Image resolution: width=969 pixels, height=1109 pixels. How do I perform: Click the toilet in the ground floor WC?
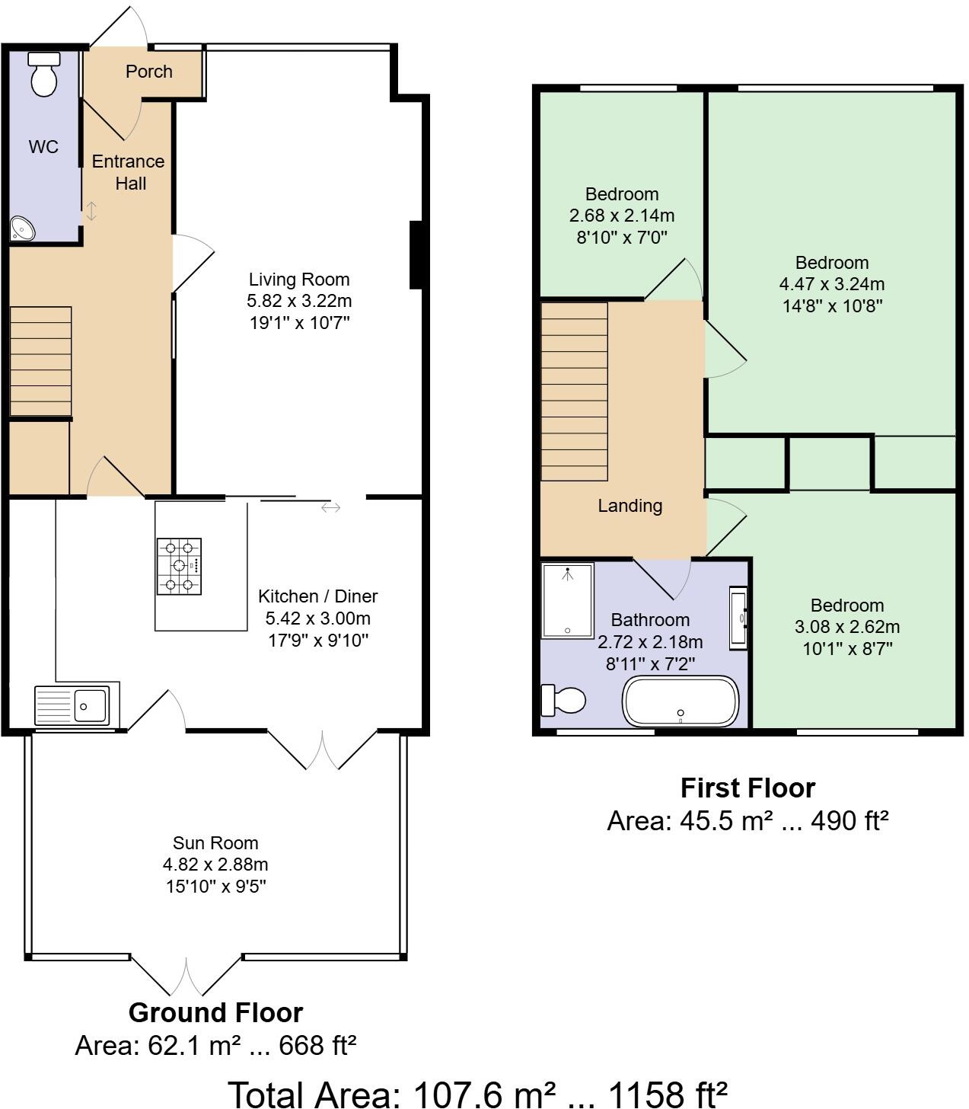click(x=44, y=75)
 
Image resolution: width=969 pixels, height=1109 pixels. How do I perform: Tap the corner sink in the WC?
click(x=21, y=229)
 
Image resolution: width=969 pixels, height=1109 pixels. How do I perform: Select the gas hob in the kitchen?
click(x=179, y=566)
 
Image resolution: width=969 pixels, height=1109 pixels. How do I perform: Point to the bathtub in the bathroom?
click(x=681, y=701)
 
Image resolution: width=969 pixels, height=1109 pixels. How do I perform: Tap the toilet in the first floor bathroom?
click(x=563, y=700)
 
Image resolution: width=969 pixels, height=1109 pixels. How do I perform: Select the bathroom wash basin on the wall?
click(x=739, y=617)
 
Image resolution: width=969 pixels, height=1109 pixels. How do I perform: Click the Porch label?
click(x=149, y=72)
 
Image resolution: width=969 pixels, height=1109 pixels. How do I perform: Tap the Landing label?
click(x=630, y=506)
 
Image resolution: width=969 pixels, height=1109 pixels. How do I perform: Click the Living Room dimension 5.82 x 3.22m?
click(x=299, y=301)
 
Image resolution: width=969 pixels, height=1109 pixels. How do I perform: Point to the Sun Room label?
click(x=215, y=843)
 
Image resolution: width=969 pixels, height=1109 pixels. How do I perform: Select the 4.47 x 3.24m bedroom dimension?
click(x=831, y=284)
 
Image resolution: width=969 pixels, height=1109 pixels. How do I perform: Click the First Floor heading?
click(x=747, y=788)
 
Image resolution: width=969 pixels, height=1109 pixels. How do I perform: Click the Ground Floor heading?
click(x=215, y=1012)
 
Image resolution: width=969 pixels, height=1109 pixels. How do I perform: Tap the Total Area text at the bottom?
click(x=478, y=1094)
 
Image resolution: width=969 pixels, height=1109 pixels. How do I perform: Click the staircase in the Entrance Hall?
click(x=40, y=362)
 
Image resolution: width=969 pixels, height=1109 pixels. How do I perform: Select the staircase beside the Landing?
click(x=574, y=391)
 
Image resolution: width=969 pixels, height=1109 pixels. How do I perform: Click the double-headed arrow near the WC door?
click(x=91, y=211)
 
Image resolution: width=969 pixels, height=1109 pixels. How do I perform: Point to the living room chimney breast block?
click(x=416, y=255)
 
